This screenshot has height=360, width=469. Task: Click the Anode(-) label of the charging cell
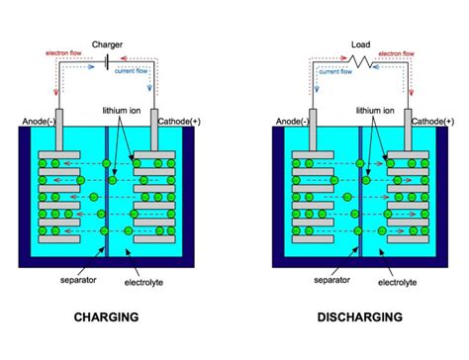click(x=41, y=122)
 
